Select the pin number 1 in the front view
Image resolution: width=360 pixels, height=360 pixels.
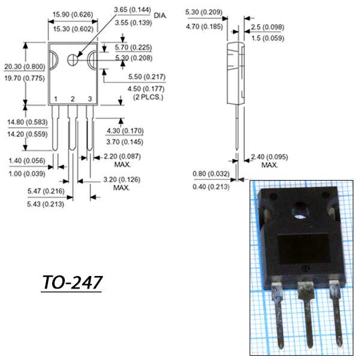(55, 98)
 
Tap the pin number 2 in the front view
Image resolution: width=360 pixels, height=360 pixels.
(73, 98)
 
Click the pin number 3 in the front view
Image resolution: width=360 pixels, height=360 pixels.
(90, 98)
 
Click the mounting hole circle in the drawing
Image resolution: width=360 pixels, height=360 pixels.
(73, 59)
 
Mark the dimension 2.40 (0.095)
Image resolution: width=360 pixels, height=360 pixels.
(267, 156)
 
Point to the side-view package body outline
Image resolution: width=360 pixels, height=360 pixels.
(236, 72)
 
